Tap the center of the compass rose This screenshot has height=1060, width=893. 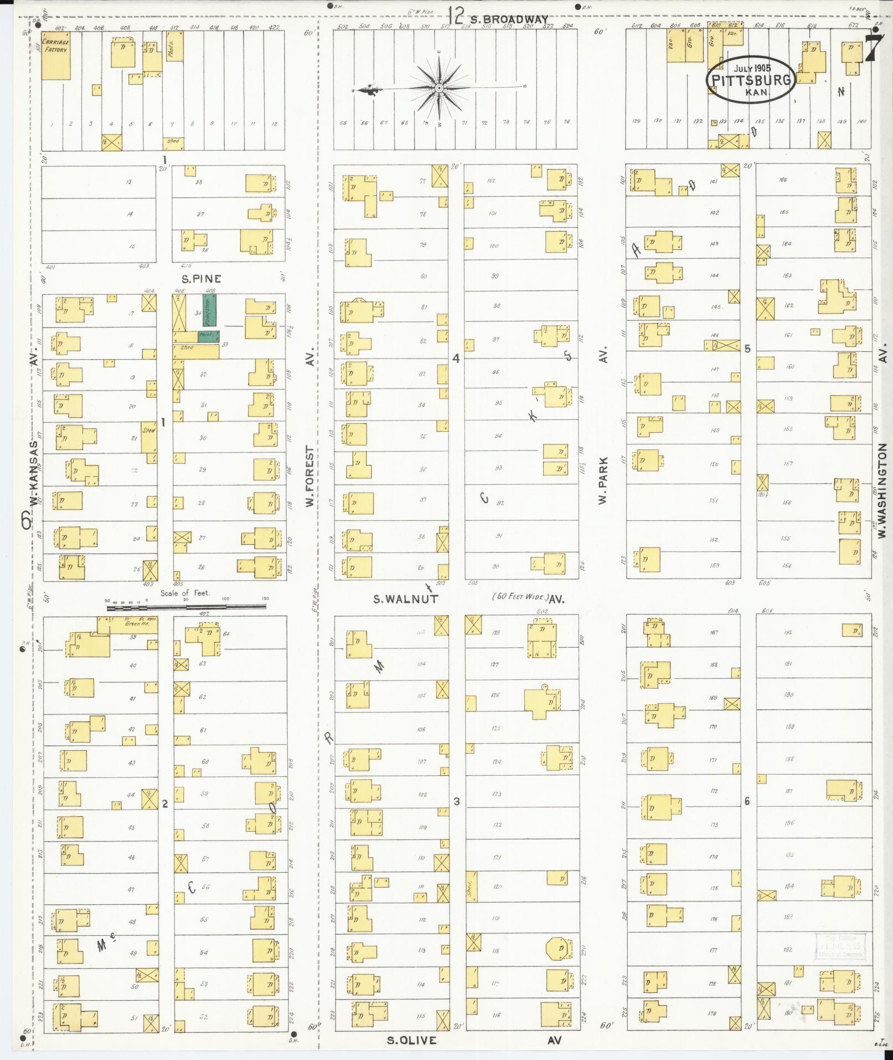438,88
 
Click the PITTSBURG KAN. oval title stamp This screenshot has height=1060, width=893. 751,80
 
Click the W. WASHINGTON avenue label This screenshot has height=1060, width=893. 882,494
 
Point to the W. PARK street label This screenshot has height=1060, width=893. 603,480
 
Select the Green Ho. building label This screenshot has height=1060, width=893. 133,623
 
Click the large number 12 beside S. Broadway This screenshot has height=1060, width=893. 456,15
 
